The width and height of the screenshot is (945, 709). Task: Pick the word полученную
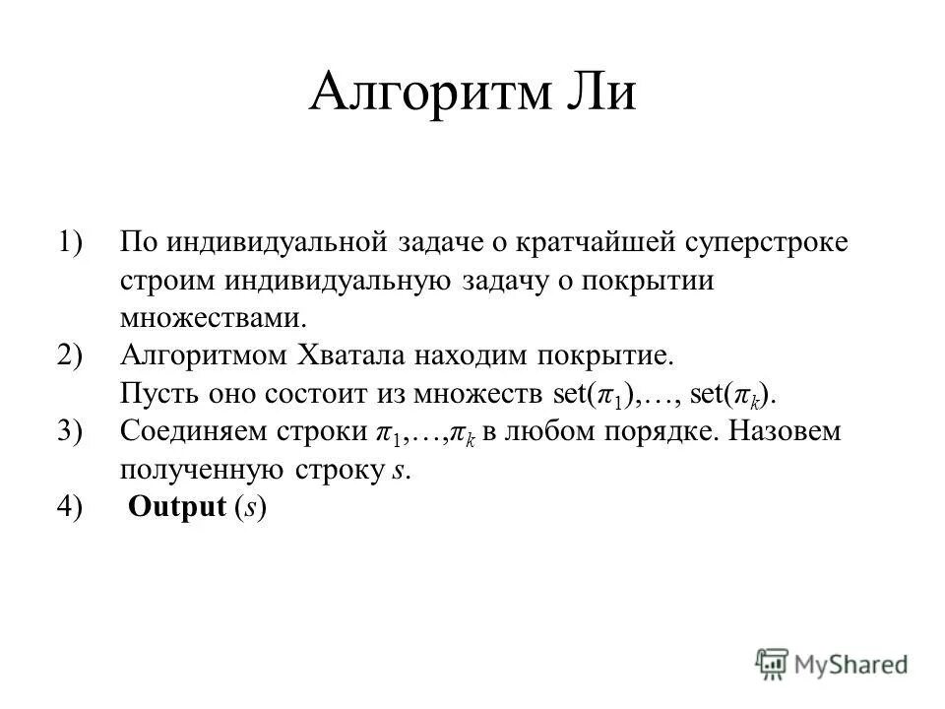coord(201,470)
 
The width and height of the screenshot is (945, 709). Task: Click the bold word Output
coord(178,507)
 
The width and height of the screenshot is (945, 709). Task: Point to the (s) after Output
coord(251,507)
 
